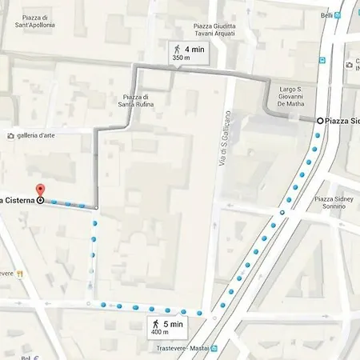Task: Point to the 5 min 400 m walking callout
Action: pyautogui.click(x=167, y=326)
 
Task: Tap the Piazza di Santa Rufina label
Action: pyautogui.click(x=134, y=101)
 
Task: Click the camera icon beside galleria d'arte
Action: pyautogui.click(x=10, y=135)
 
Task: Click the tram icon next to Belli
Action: pyautogui.click(x=339, y=15)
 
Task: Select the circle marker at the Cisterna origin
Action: pyautogui.click(x=40, y=200)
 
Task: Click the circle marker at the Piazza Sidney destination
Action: pyautogui.click(x=320, y=120)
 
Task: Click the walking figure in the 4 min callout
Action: pyautogui.click(x=177, y=50)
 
